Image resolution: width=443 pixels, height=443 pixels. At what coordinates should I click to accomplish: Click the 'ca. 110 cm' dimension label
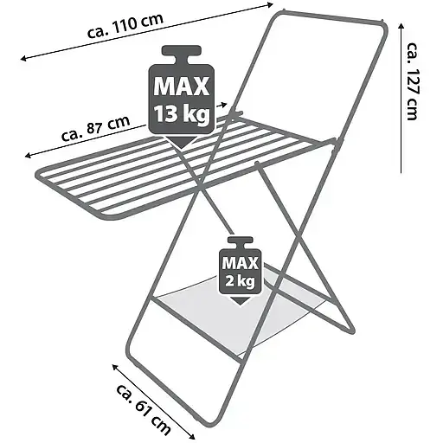point(125,25)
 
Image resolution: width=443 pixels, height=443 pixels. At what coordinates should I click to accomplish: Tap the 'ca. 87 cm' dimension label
point(96,128)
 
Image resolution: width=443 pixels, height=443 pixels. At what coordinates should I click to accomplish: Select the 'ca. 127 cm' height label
point(413,81)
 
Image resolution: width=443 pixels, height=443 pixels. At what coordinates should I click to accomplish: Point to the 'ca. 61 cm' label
point(144,408)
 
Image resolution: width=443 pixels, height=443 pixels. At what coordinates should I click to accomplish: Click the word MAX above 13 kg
point(181,86)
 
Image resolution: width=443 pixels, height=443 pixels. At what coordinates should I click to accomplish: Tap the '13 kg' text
point(181,114)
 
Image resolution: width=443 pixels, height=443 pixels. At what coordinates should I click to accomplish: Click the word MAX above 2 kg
point(240,263)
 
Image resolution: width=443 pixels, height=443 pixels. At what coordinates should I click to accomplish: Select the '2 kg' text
point(240,281)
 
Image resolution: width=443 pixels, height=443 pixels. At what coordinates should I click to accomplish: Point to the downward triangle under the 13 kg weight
point(181,142)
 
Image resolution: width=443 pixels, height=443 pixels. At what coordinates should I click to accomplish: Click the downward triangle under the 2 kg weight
point(240,301)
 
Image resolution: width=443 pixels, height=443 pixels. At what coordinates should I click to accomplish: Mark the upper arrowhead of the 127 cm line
point(401,27)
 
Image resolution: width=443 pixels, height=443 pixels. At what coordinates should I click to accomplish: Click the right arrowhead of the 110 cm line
point(270,4)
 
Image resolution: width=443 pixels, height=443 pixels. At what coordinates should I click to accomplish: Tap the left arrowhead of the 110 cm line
point(23,59)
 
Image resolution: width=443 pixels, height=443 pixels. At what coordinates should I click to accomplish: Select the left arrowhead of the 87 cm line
point(28,156)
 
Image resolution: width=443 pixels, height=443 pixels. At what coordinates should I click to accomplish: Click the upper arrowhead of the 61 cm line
point(115,367)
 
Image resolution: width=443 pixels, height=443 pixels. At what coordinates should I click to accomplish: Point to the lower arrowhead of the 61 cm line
point(192,436)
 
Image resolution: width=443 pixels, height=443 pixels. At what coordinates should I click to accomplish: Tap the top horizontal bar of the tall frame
point(331,16)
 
